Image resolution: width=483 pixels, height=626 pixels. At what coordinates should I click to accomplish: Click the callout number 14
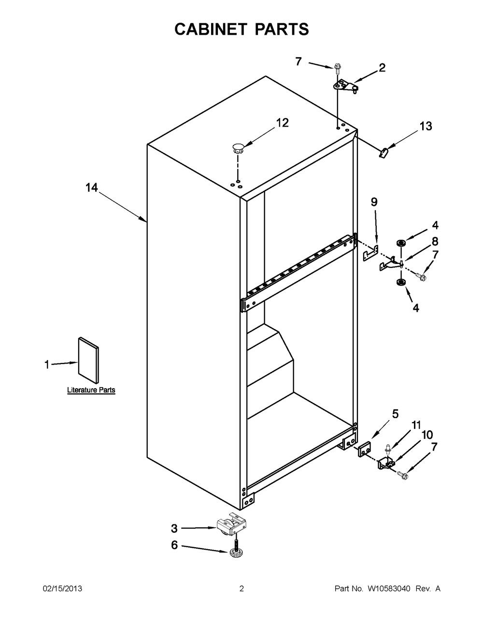click(92, 188)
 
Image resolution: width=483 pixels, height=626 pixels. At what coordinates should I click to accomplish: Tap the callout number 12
click(283, 123)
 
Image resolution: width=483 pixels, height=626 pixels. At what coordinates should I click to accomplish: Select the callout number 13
click(426, 126)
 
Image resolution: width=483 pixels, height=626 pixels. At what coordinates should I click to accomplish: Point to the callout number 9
click(374, 202)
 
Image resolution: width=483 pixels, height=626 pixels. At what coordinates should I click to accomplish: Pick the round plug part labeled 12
click(238, 148)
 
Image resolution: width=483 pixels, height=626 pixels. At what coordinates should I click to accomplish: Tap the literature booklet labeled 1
click(88, 362)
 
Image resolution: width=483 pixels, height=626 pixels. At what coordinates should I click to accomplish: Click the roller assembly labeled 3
click(232, 527)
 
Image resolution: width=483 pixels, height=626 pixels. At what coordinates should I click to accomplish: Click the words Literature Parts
click(91, 390)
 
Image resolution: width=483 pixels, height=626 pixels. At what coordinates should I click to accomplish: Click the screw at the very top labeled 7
click(337, 67)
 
